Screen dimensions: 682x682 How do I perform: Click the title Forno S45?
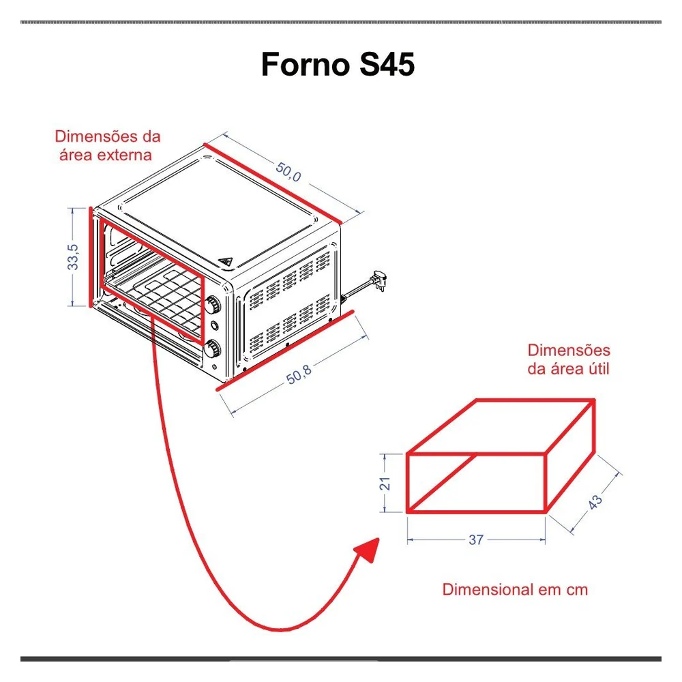point(338,64)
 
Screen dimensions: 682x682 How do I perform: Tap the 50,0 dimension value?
point(288,171)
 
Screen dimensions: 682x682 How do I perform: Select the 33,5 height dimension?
point(73,256)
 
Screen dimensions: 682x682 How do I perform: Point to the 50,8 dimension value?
point(299,374)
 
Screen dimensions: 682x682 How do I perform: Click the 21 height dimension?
point(385,484)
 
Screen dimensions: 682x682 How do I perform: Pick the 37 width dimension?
point(476,539)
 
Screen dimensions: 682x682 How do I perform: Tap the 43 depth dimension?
point(595,501)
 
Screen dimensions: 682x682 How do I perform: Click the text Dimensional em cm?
point(515,589)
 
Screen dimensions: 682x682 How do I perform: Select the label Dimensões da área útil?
point(569,359)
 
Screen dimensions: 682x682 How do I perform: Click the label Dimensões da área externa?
point(108,145)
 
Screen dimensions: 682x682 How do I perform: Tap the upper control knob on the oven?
point(213,305)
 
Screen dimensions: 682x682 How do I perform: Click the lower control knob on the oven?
point(213,349)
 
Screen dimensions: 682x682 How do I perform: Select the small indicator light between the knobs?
point(214,325)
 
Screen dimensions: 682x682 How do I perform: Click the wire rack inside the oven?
point(153,291)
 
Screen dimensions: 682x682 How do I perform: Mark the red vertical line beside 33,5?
point(91,257)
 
